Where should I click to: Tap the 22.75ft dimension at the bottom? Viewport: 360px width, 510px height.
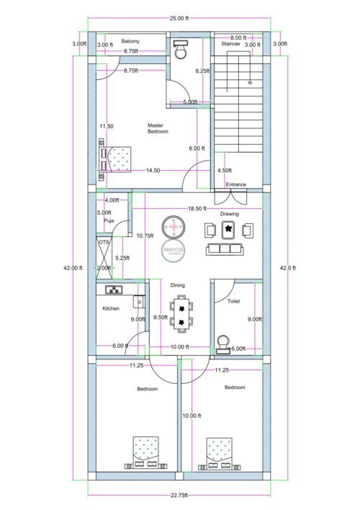tap(180, 494)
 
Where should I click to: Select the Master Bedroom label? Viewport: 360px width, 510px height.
tap(158, 128)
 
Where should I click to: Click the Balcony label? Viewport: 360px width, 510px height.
tap(130, 41)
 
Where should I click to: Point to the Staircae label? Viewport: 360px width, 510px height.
tap(230, 44)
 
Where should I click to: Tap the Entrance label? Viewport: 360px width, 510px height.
tap(235, 184)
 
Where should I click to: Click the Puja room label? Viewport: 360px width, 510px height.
tap(108, 221)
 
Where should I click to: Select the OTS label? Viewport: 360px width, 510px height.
tap(103, 243)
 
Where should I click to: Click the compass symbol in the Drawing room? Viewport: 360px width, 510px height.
tap(173, 227)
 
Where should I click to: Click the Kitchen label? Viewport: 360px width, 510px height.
tap(110, 308)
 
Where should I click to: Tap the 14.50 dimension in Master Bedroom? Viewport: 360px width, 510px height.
tap(153, 171)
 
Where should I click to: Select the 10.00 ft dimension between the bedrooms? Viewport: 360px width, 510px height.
tap(192, 416)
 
